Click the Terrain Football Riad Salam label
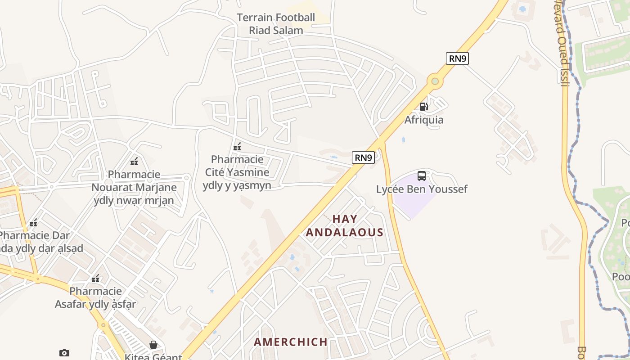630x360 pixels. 276,24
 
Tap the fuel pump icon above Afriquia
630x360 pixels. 423,107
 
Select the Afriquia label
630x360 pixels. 423,120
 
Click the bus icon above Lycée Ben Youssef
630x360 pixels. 422,176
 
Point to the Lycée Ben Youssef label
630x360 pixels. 422,189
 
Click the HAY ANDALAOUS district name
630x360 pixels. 345,225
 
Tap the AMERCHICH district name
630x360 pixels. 291,342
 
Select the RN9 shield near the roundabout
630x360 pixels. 457,58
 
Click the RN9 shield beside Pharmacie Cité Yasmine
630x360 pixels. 363,157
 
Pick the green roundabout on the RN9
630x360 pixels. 435,81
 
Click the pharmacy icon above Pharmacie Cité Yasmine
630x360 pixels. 237,147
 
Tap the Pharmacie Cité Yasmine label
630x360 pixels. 237,172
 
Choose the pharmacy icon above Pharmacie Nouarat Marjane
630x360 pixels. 134,162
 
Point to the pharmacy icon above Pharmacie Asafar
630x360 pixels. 95,279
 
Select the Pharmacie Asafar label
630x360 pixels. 95,298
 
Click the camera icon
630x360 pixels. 64,353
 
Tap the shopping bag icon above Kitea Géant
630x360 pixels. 153,345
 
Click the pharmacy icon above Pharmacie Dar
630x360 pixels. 33,223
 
